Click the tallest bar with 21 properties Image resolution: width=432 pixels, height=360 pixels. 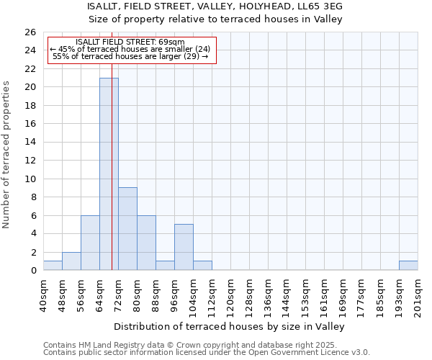coord(109,174)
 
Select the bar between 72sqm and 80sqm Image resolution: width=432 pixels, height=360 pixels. coord(127,228)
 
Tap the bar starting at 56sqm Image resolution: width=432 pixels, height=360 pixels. coord(90,243)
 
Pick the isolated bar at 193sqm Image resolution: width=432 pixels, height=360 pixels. coord(408,265)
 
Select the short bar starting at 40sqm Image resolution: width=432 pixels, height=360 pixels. coord(53,265)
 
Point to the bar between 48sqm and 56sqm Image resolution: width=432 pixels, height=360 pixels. coord(71,261)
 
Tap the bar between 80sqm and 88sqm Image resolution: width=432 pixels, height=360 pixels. coord(146,243)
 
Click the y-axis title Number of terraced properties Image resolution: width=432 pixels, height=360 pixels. coord(6,154)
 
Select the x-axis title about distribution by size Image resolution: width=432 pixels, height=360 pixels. coord(230,326)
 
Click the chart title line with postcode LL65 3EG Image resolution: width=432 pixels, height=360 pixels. coord(215,6)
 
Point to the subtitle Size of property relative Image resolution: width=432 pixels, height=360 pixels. coord(215,19)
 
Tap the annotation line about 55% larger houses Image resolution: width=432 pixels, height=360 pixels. coord(130,56)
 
